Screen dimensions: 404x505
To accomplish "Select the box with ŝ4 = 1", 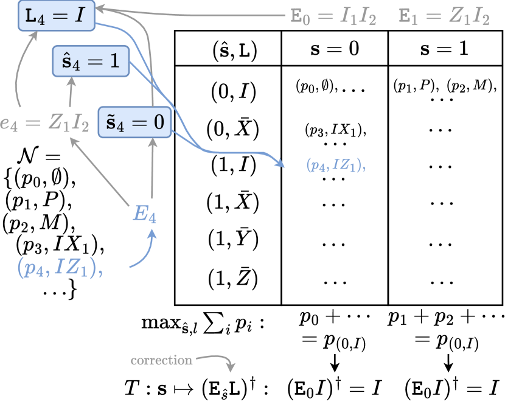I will coord(90,61).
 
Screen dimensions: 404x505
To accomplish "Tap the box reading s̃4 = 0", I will coord(134,122).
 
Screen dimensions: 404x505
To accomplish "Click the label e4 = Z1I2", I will coord(46,126).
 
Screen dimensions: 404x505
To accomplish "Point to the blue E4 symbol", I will coord(144,214).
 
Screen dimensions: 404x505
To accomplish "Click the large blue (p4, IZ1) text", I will coord(58,268).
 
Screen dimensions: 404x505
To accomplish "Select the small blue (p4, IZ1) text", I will coord(336,165).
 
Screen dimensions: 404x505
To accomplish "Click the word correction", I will coord(161,360).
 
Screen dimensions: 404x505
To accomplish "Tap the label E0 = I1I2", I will coord(333,17).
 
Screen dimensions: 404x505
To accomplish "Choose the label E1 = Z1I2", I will coord(444,17).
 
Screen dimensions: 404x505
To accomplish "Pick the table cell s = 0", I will coord(335,49).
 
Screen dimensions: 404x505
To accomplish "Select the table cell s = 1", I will coord(444,49).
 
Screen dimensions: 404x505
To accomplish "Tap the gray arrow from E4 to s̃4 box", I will coord(152,170).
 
